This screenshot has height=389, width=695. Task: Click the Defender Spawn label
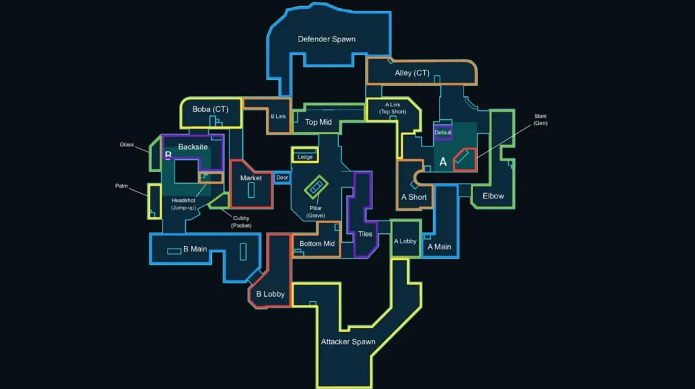[x=326, y=39]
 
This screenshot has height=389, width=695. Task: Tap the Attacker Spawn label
[x=347, y=342]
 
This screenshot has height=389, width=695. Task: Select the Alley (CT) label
[x=412, y=73]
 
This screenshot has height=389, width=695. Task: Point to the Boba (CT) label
[x=210, y=109]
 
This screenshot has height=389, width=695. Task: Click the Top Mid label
[x=318, y=123]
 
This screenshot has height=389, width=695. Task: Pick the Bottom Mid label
[x=317, y=244]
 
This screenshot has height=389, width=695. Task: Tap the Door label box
[x=282, y=178]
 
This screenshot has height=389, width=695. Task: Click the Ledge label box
[x=305, y=157]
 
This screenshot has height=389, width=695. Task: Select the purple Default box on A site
[x=443, y=133]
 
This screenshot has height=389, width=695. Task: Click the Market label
[x=251, y=178]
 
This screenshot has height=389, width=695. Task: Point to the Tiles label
[x=365, y=234]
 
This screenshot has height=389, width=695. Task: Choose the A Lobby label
[x=405, y=241]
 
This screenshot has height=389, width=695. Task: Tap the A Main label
[x=439, y=247]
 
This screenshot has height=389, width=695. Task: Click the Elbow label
[x=493, y=196]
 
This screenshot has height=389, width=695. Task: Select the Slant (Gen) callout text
[x=540, y=119]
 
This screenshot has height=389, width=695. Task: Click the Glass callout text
[x=126, y=144]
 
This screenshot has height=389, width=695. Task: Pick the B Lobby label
[x=270, y=294]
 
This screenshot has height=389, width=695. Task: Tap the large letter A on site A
[x=443, y=162]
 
